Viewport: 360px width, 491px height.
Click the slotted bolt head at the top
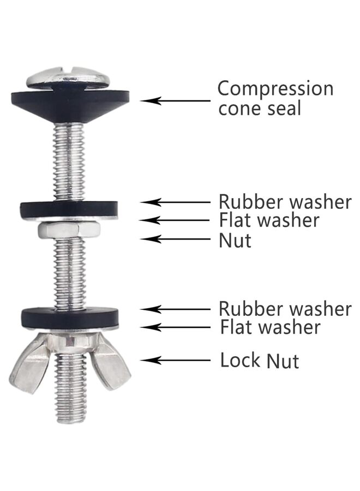68,77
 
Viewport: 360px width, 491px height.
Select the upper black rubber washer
69,209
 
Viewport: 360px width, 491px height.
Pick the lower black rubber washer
69,316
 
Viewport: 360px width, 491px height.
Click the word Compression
275,88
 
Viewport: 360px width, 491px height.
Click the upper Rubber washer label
285,201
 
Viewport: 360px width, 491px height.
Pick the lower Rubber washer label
285,308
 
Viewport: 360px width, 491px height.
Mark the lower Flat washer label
269,327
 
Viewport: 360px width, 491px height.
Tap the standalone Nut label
235,239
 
